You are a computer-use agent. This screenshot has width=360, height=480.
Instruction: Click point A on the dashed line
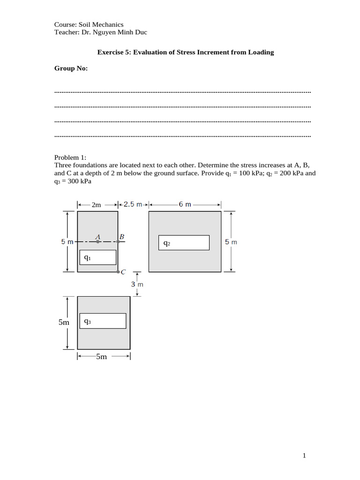(97, 242)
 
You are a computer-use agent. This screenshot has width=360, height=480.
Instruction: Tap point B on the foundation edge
(118, 242)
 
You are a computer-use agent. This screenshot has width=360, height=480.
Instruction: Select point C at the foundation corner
(118, 272)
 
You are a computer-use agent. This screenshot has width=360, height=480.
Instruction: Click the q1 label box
(97, 257)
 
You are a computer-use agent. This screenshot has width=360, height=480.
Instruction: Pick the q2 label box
(184, 243)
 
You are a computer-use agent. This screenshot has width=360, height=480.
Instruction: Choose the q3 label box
(103, 321)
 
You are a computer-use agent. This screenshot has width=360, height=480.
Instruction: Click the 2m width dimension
(96, 205)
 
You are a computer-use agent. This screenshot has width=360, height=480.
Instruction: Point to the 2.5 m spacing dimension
(133, 204)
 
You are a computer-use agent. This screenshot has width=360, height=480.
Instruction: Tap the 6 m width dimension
(185, 204)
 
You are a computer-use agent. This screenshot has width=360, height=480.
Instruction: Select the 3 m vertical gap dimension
(137, 284)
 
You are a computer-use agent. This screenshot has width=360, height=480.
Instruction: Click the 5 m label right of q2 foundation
(231, 242)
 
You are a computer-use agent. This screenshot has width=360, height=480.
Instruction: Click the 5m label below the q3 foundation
(102, 357)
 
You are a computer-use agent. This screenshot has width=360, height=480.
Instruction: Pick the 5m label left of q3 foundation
(64, 322)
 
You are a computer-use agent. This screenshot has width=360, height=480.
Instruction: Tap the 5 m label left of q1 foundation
(67, 242)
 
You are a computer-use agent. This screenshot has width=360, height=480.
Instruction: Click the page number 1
(304, 455)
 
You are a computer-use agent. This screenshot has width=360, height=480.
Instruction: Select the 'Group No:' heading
(71, 68)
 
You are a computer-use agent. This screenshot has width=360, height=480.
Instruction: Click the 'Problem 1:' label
(70, 157)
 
